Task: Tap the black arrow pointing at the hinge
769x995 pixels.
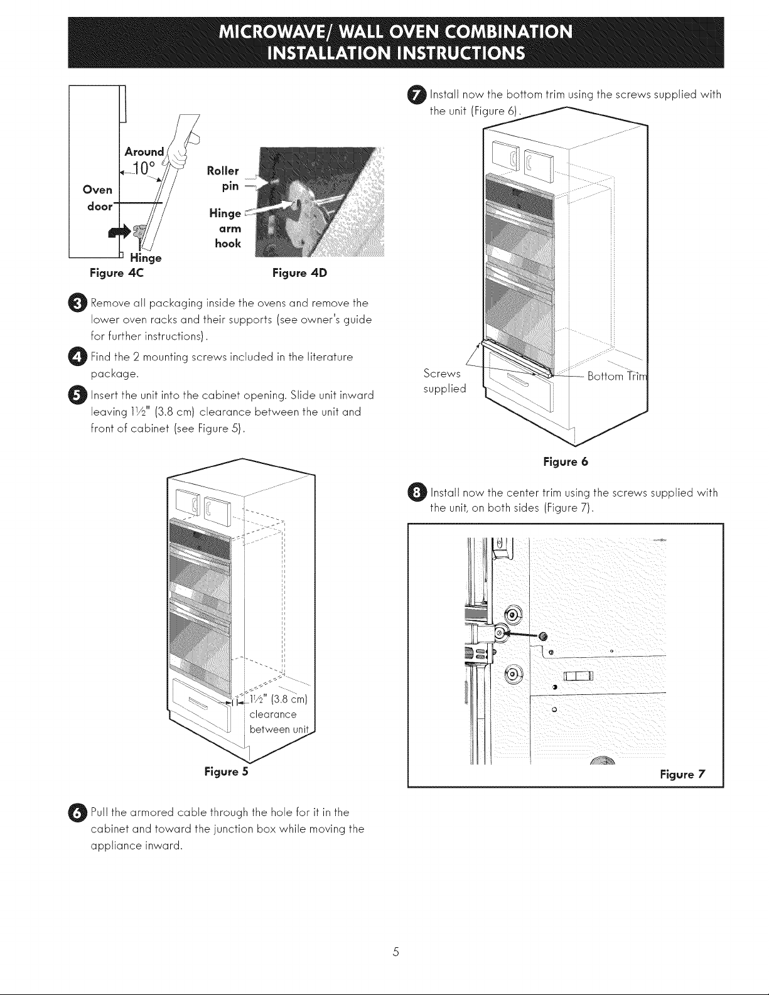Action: coord(119,231)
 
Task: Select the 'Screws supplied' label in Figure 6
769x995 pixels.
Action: coord(444,381)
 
